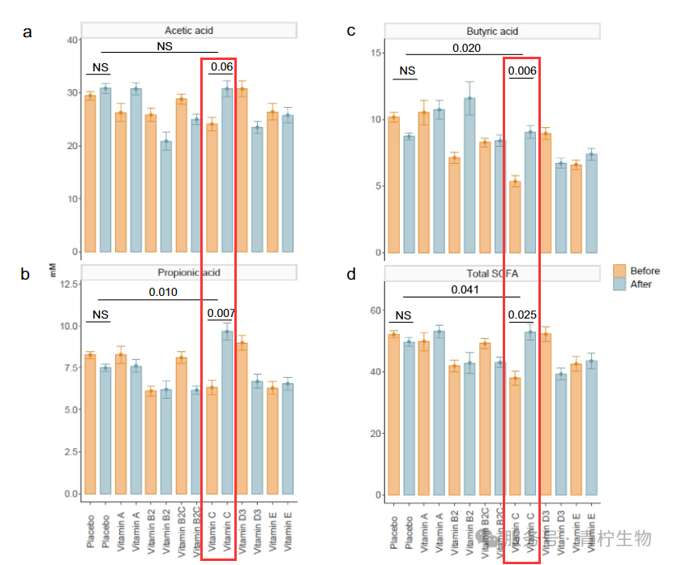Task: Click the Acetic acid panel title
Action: (x=188, y=31)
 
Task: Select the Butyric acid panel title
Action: (x=492, y=31)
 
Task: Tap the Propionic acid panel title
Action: (x=188, y=272)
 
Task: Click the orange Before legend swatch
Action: (x=619, y=271)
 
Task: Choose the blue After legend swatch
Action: (x=619, y=284)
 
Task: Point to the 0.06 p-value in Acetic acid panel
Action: (x=221, y=66)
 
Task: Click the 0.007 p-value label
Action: (x=221, y=313)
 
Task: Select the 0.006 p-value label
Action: (x=522, y=71)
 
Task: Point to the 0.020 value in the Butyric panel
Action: (x=466, y=49)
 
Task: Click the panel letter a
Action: (x=28, y=32)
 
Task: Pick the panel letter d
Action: (x=351, y=275)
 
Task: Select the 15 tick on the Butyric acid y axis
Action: (x=375, y=53)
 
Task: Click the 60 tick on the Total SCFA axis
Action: (x=375, y=310)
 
